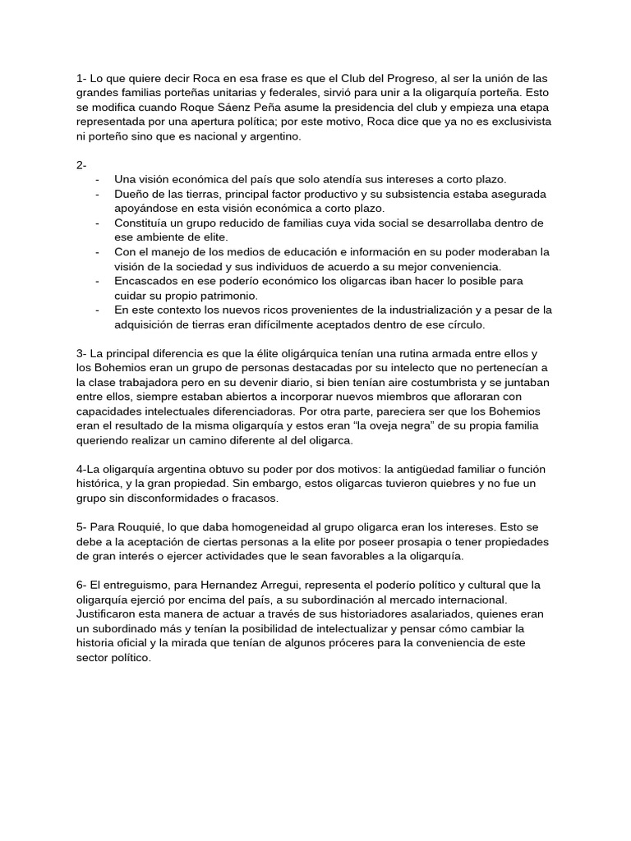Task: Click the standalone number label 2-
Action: tap(81, 164)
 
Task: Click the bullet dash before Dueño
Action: tap(99, 194)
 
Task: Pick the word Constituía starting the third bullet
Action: tap(145, 223)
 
